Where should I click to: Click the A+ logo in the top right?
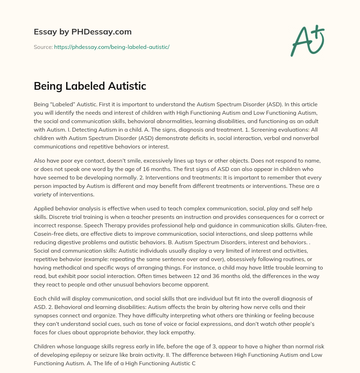(307, 41)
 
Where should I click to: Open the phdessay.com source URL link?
(111, 47)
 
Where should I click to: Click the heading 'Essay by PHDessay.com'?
(83, 32)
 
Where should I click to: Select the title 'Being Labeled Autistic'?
(90, 86)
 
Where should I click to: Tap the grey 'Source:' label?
(43, 47)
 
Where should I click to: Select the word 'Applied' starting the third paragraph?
(44, 209)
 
